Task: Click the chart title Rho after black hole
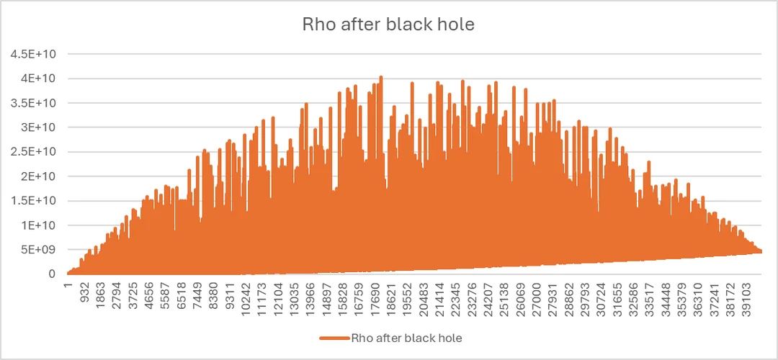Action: pyautogui.click(x=389, y=24)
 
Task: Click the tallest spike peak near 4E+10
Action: pyautogui.click(x=381, y=76)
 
